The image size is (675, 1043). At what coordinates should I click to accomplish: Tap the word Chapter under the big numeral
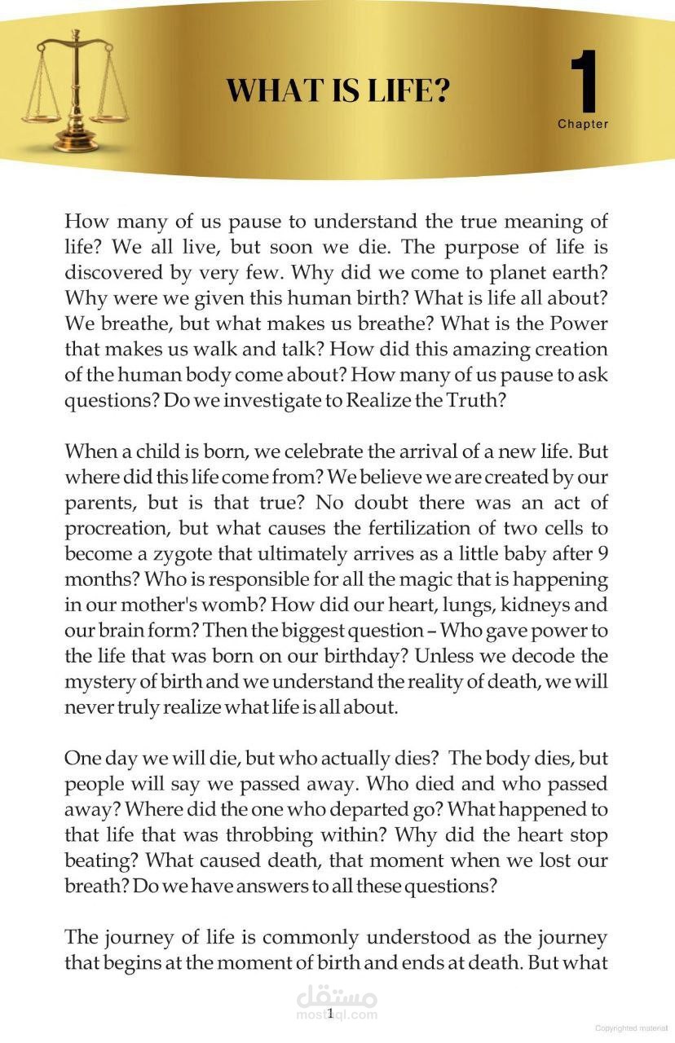[x=583, y=124]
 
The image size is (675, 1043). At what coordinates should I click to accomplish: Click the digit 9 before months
[x=602, y=554]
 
